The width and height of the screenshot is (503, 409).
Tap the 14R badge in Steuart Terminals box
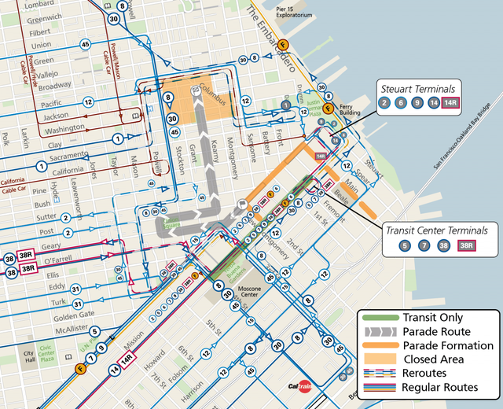pyautogui.click(x=451, y=102)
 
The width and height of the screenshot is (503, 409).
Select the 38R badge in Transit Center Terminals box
pyautogui.click(x=466, y=246)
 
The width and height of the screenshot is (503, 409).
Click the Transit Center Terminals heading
pyautogui.click(x=435, y=230)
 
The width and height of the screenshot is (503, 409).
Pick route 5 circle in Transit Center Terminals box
pyautogui.click(x=405, y=246)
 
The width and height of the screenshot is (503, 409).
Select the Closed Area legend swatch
pyautogui.click(x=378, y=359)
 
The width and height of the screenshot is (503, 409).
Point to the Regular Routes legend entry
pyautogui.click(x=439, y=387)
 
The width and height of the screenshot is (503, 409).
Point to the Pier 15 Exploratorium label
pyautogui.click(x=294, y=12)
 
